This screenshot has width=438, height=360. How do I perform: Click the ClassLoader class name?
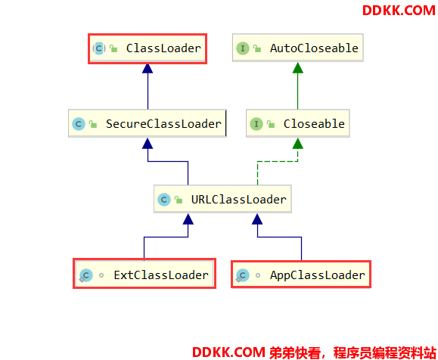pos(163,48)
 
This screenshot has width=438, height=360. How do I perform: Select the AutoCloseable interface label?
pos(314,48)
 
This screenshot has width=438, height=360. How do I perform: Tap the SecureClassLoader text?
pos(163,124)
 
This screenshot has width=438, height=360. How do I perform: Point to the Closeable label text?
pos(314,124)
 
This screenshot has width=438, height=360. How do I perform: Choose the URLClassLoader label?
pos(239,200)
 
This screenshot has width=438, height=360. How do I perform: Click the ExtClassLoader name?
pos(161,275)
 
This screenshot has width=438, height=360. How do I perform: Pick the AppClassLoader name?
pos(317,275)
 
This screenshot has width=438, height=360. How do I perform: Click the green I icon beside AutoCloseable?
pos(243,48)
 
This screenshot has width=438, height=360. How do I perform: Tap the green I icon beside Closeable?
pos(256,124)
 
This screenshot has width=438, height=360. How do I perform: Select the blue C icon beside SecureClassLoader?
pos(79,124)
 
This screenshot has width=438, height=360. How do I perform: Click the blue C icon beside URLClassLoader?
pos(164,200)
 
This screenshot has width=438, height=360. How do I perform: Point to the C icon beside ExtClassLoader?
pos(85,275)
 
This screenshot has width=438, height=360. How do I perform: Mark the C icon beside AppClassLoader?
pos(242,275)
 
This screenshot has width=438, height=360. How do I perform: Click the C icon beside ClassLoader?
pos(99,48)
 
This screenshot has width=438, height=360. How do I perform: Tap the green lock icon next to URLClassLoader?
pos(179,200)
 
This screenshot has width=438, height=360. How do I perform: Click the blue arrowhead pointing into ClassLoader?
pos(148,69)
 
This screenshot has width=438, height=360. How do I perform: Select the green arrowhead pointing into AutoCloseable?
pos(298,68)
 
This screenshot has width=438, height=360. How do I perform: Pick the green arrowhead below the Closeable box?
pos(298,144)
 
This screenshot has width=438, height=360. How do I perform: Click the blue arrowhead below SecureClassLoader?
pos(148,144)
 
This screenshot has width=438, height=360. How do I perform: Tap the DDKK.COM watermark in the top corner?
pos(399,11)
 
